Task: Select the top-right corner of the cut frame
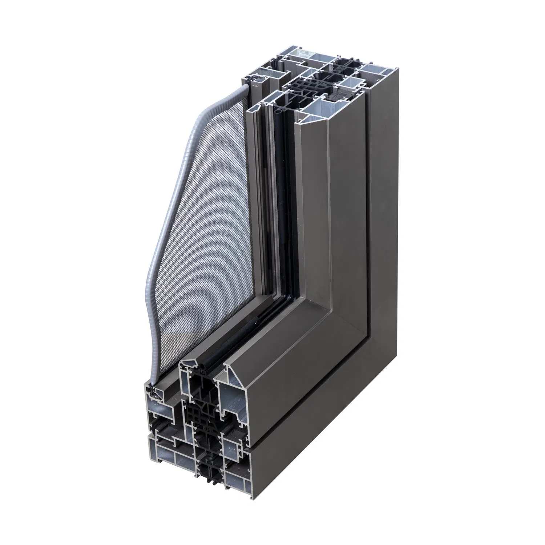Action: (393, 69)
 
